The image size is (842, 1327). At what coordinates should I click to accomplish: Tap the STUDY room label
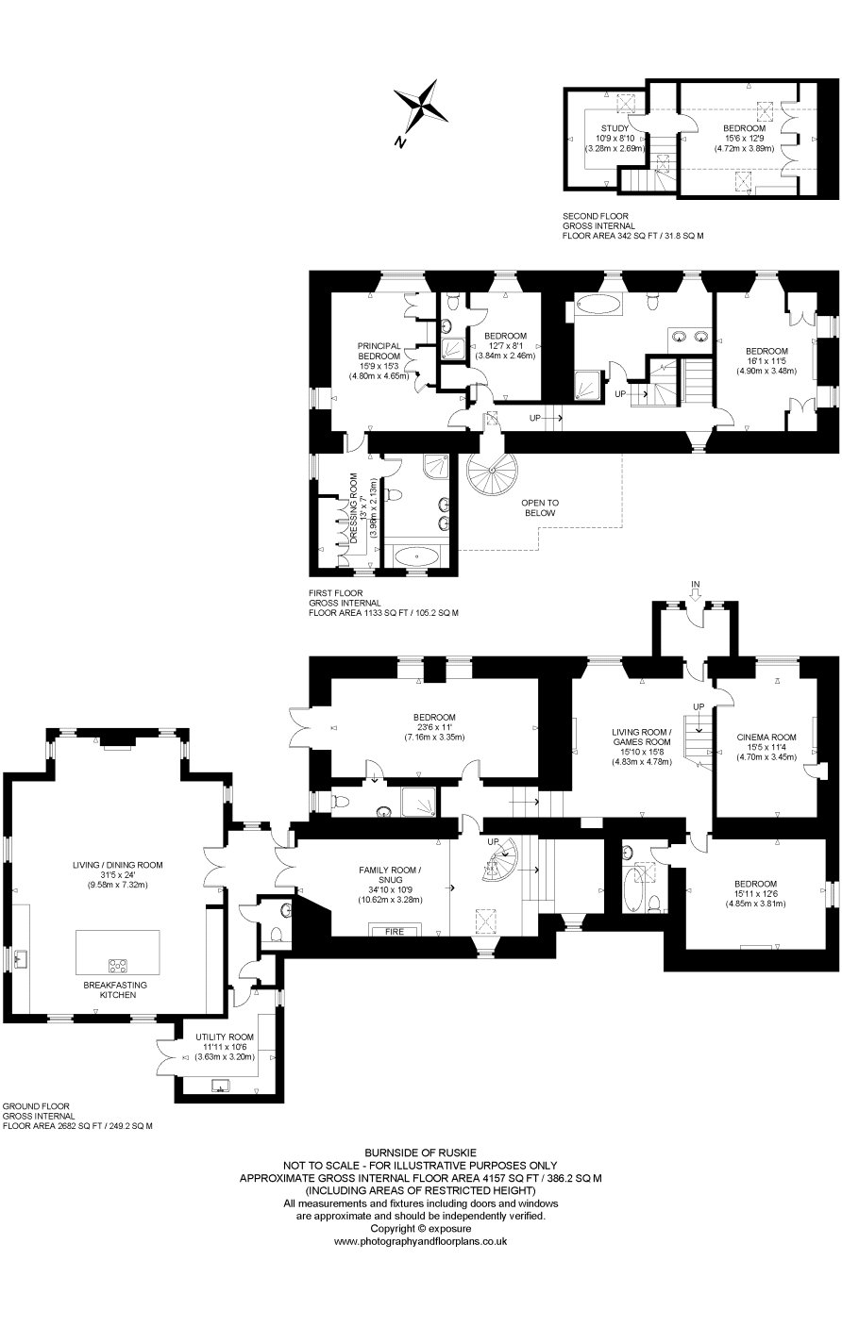coord(615,128)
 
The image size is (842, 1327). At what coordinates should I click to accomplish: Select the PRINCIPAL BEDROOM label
coord(379,351)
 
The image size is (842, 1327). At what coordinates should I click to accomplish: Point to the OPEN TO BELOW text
coord(540,507)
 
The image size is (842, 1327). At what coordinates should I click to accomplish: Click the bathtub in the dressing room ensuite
coord(417,556)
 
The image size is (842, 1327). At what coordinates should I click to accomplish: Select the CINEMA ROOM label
coord(766,737)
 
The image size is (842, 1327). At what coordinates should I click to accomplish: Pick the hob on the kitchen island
coord(117,966)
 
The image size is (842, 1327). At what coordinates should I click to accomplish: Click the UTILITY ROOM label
coord(225,1037)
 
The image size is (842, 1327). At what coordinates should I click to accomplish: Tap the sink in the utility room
coord(222,1086)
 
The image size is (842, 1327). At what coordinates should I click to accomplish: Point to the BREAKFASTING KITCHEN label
coord(115,989)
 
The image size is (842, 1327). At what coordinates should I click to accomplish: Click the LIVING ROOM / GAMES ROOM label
coord(642,737)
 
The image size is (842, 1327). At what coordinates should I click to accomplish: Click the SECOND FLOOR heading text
coord(596,216)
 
